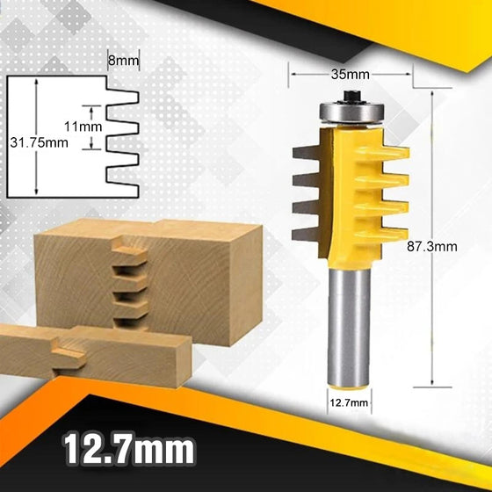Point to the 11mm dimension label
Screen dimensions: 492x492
[87, 127]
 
